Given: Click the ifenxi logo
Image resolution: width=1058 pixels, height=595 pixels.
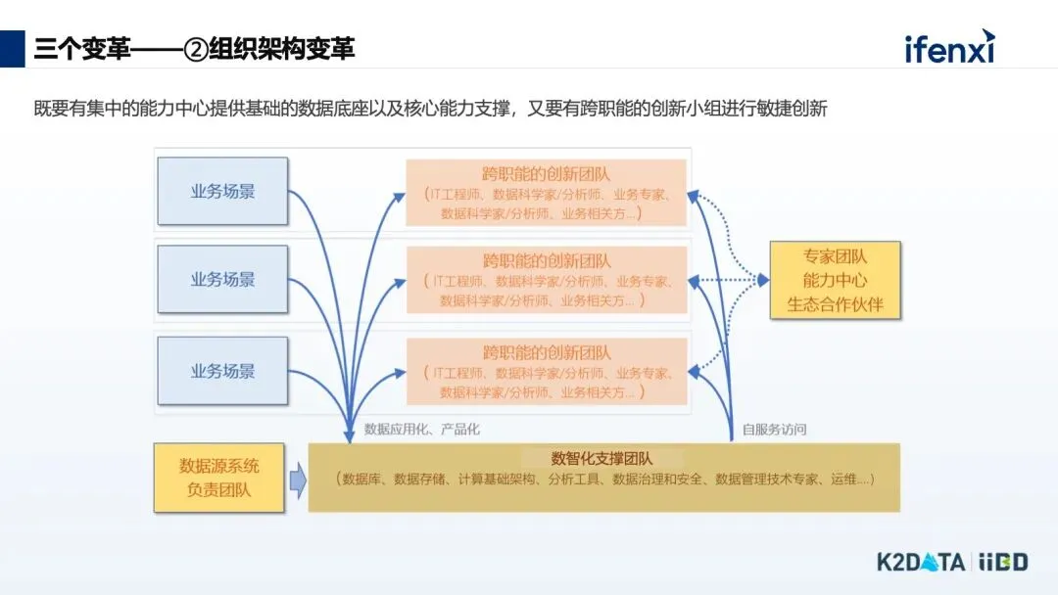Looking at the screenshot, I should (948, 46).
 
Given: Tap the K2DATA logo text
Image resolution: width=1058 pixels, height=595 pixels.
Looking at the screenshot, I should (920, 562).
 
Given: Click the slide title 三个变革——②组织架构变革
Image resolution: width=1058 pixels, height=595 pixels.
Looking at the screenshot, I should (194, 48).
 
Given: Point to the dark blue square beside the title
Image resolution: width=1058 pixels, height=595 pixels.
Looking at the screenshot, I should (13, 48).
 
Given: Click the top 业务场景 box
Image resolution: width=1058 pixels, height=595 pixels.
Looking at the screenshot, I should (222, 191).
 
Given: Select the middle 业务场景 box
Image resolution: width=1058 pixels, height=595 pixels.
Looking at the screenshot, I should (222, 279).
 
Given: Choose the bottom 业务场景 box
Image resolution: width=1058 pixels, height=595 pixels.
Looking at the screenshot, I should (222, 371).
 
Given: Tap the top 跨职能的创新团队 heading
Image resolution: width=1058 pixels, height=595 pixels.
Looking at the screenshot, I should (546, 174).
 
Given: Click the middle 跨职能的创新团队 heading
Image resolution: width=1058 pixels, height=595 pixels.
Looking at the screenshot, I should (546, 261).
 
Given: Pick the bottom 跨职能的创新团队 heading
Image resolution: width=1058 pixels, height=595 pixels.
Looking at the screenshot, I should (546, 352).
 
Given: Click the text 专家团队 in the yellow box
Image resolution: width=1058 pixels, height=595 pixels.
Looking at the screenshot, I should (835, 256).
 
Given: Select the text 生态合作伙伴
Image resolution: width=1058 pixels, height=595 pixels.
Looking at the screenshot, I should (835, 304).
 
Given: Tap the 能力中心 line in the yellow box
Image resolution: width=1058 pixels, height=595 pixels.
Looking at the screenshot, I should (835, 281).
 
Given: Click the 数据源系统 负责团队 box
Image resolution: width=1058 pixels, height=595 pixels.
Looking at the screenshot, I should (218, 478).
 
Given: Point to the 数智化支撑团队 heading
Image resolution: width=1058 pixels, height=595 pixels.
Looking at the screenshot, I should (602, 458).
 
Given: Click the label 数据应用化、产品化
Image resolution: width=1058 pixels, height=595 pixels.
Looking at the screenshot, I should (422, 430).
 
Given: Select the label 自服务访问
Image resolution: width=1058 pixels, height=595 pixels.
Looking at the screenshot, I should (774, 430).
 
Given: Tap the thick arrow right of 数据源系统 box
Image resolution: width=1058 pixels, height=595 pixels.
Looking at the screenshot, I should (297, 480).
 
